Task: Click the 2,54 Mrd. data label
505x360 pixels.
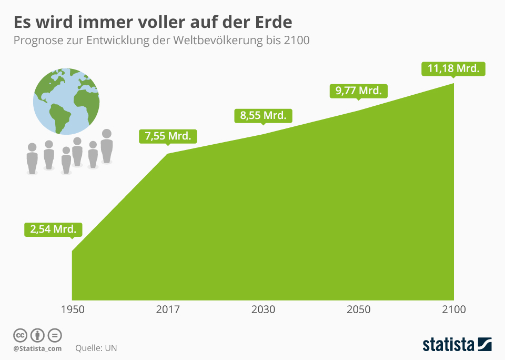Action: (x=54, y=229)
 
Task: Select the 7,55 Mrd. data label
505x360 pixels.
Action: (x=168, y=136)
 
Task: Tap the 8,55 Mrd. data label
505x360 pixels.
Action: (x=263, y=115)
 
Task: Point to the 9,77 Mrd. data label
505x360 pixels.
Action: (x=358, y=91)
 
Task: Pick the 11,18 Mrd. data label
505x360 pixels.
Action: (x=453, y=69)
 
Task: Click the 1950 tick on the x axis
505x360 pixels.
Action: (x=73, y=309)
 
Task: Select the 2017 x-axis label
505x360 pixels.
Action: (x=168, y=309)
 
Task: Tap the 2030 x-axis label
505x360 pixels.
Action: (x=263, y=309)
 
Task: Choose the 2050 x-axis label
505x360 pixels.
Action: (x=358, y=309)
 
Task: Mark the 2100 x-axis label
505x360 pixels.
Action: (x=453, y=309)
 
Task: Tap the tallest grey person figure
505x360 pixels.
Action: (x=107, y=146)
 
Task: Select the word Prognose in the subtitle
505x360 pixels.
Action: (x=37, y=41)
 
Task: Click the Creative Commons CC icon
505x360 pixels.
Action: (x=20, y=335)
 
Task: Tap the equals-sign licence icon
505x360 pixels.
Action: (x=55, y=335)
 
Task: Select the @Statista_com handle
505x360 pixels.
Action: (x=37, y=348)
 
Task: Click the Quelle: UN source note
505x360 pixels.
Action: (x=96, y=348)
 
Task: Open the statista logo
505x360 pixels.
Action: (x=457, y=345)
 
